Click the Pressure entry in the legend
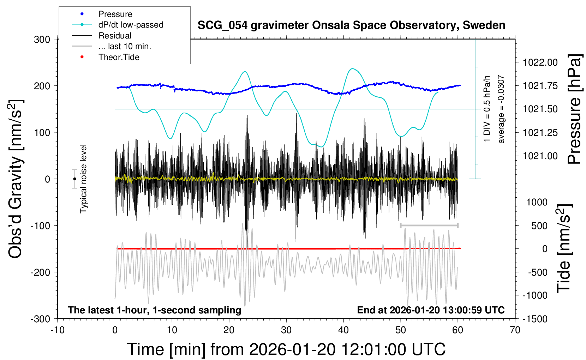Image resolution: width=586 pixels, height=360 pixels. point(115,14)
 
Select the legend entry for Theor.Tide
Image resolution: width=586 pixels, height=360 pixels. point(119,57)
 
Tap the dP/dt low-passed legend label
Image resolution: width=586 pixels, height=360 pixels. point(131,25)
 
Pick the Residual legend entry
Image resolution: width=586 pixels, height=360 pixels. point(115,36)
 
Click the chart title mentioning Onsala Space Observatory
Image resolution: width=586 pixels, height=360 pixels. point(351,25)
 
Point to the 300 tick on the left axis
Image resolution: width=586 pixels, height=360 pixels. point(42,39)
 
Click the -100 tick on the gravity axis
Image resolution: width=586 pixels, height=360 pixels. point(41,226)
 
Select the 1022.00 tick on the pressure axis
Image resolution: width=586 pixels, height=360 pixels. point(540,62)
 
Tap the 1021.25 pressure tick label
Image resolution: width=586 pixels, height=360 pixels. point(540,133)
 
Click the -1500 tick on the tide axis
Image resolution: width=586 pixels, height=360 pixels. point(535,319)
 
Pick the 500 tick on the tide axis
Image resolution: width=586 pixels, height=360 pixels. point(539,226)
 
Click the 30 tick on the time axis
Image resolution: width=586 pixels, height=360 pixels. point(286,330)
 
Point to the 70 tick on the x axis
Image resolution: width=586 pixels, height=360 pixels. point(515,330)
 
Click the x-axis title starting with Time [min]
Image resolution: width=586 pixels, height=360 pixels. point(286,349)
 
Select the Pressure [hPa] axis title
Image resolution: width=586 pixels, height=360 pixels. point(574,109)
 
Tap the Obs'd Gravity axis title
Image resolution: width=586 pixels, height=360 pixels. point(16,179)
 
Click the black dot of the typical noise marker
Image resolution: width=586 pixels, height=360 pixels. point(74,179)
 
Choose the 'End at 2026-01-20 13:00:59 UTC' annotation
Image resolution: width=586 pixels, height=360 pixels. point(431,310)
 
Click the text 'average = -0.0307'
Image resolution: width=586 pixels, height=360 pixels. point(501,109)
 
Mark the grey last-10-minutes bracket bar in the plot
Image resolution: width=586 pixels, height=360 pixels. point(429,225)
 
